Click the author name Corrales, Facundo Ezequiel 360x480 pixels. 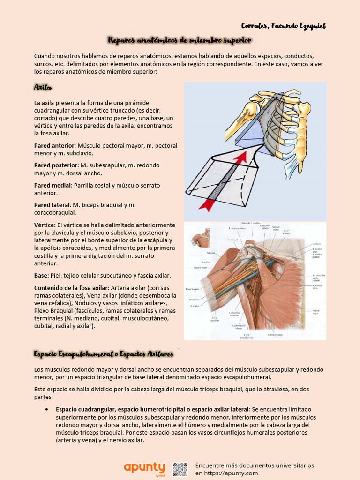click(283, 26)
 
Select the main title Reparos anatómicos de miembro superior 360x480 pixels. click(180, 41)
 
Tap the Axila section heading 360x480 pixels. click(43, 88)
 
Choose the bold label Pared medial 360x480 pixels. click(52, 185)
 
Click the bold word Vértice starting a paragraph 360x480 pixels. click(44, 225)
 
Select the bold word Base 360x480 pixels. click(41, 275)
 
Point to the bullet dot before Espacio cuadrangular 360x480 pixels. click(47, 409)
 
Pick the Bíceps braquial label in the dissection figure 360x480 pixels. click(192, 289)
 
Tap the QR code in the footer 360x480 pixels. click(180, 469)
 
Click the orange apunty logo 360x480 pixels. click(144, 468)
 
